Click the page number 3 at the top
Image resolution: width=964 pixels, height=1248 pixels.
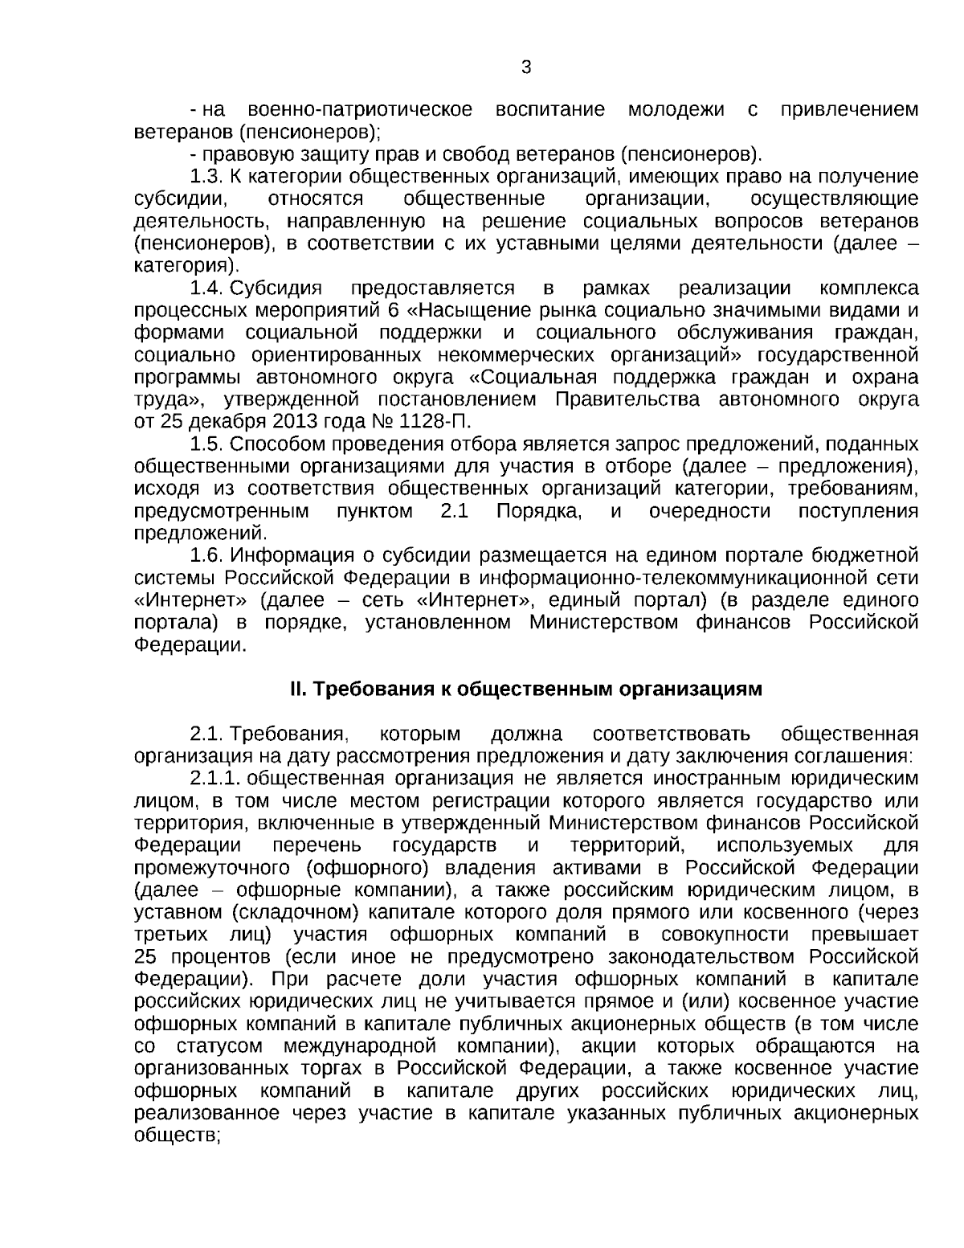[526, 68]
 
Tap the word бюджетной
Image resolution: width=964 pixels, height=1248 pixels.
[872, 555]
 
